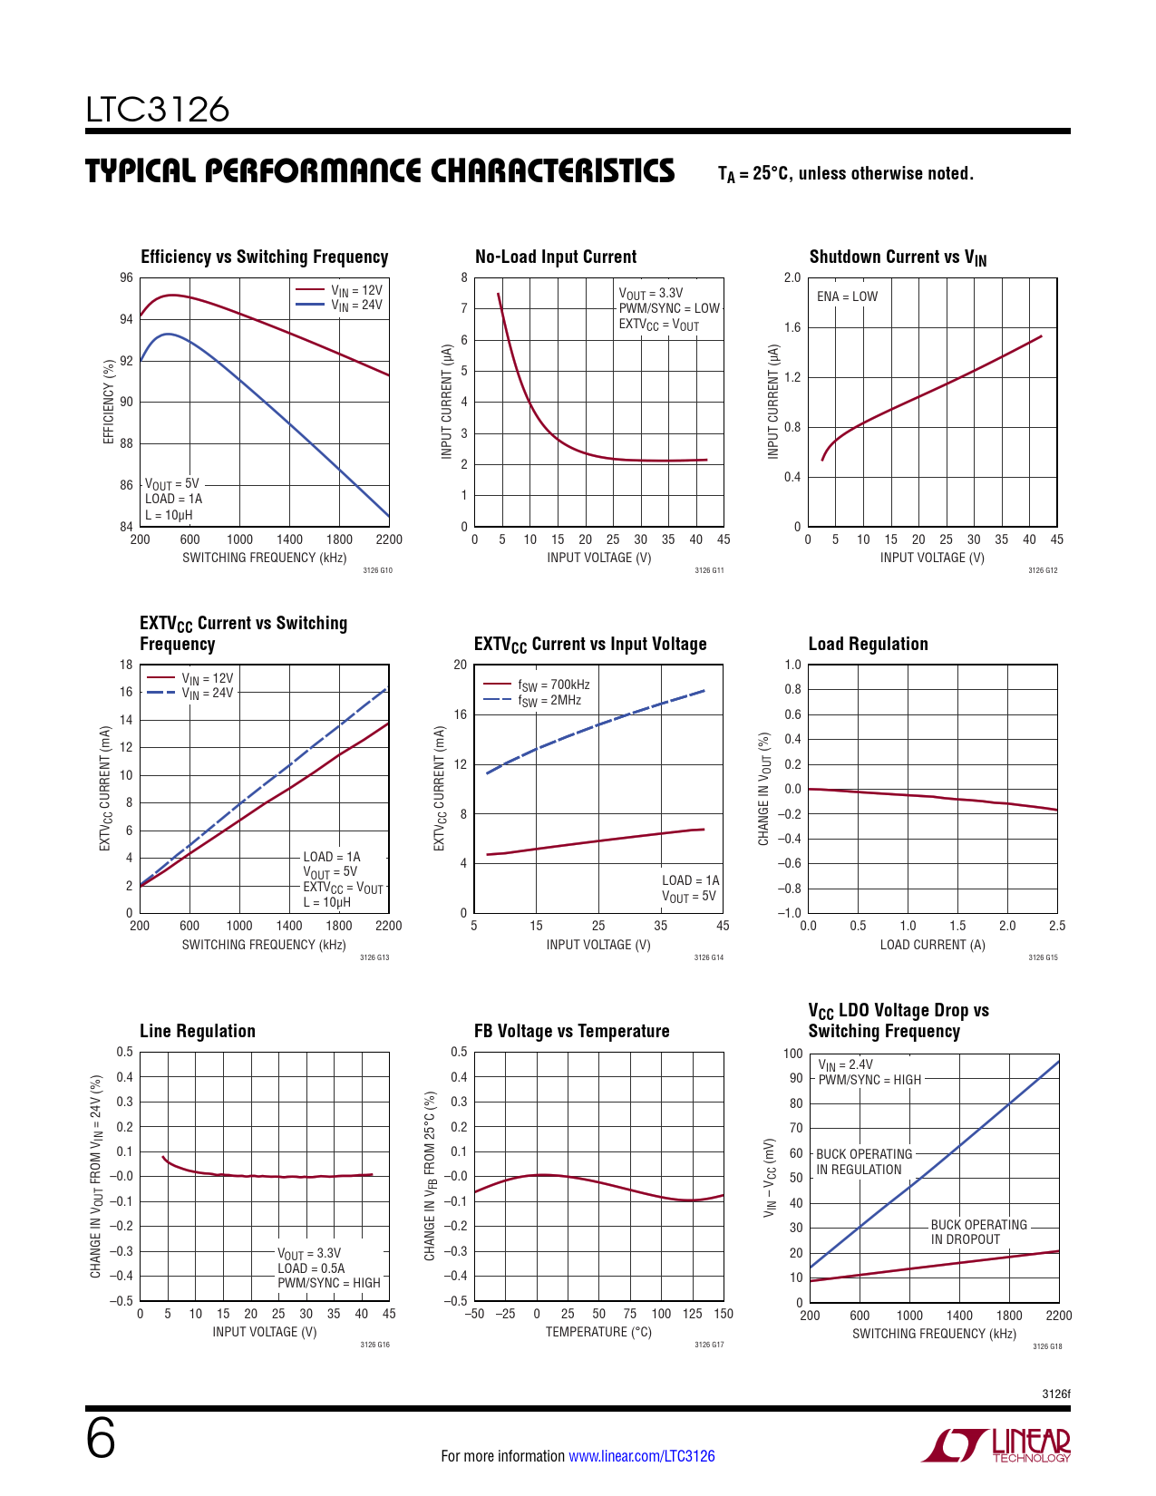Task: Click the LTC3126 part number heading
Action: pos(158,110)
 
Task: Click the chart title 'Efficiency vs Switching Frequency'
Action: pos(264,257)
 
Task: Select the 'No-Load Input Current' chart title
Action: pos(556,257)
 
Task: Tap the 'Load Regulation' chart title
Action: pos(868,644)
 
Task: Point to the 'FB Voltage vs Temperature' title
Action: pos(571,1031)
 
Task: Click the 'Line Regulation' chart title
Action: pos(198,1031)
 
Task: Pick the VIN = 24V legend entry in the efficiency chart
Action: pos(340,306)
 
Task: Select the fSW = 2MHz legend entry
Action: pos(533,701)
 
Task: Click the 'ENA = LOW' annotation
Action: pos(847,296)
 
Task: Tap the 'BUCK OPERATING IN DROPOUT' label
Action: pos(978,1232)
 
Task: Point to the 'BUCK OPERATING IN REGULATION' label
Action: pos(863,1161)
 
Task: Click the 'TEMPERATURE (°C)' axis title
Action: pos(598,1332)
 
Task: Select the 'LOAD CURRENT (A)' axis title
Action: pos(932,945)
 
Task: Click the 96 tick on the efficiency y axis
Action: pos(126,277)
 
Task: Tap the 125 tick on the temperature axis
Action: pos(692,1314)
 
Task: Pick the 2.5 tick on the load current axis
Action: pos(1056,927)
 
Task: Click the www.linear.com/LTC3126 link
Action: pos(641,1456)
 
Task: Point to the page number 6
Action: pos(101,1440)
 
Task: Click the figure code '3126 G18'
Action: pos(1047,1346)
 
